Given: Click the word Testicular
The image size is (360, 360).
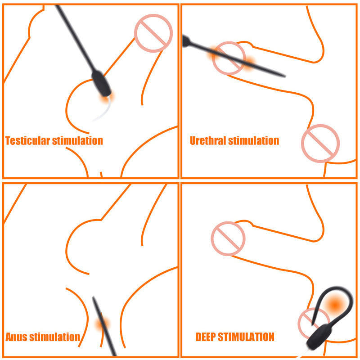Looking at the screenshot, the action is (x=27, y=141).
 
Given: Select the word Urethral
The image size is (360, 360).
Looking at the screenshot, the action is (x=208, y=141).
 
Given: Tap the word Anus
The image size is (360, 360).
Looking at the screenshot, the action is (x=16, y=337).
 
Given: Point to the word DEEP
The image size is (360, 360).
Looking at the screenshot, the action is (x=206, y=337).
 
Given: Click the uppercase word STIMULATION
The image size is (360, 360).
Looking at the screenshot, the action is (x=246, y=337).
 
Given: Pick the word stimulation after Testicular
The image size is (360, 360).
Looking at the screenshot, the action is (x=77, y=141).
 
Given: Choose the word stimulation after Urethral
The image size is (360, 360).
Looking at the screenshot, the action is (x=254, y=141).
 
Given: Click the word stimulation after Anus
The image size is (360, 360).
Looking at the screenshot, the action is (x=55, y=337).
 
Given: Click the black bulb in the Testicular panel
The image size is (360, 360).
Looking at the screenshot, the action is (x=102, y=83).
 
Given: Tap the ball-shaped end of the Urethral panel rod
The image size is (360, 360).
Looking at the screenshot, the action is (x=185, y=41).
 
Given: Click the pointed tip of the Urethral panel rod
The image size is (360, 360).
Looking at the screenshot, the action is (x=285, y=76).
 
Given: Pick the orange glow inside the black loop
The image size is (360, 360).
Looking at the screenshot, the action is (x=335, y=305).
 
